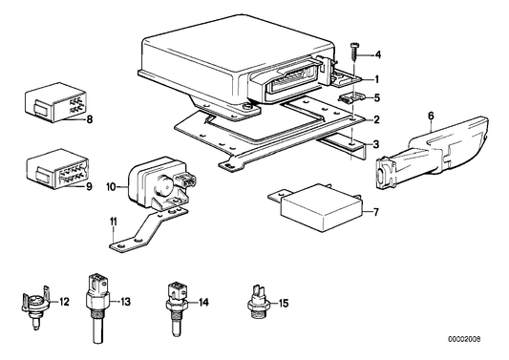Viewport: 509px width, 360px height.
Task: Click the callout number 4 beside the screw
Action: pos(378,55)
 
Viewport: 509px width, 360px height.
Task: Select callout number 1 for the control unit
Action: pos(377,78)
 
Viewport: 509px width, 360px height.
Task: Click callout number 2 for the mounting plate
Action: pos(377,119)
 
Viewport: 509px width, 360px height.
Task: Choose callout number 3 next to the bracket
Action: pos(377,143)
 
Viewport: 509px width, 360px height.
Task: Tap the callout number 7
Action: pos(376,210)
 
